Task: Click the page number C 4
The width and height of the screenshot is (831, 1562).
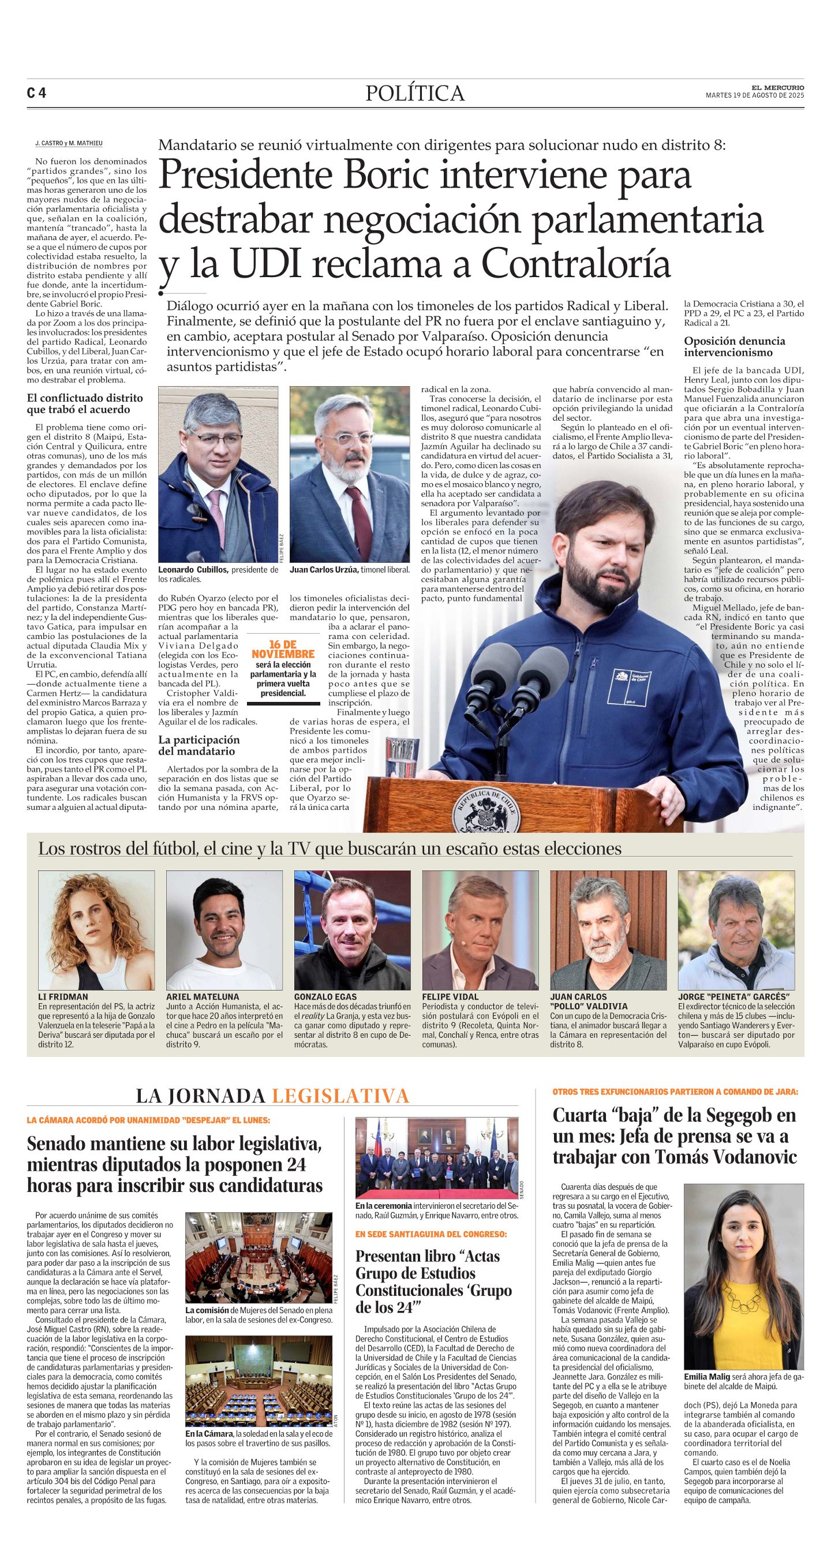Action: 36,94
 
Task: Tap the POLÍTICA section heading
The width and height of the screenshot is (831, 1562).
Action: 415,94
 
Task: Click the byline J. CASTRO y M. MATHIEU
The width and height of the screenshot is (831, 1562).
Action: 69,143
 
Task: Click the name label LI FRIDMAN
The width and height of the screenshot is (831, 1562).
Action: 63,996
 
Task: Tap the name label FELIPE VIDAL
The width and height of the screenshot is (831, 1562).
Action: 450,996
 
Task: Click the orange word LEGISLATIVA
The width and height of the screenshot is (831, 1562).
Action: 340,1096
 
